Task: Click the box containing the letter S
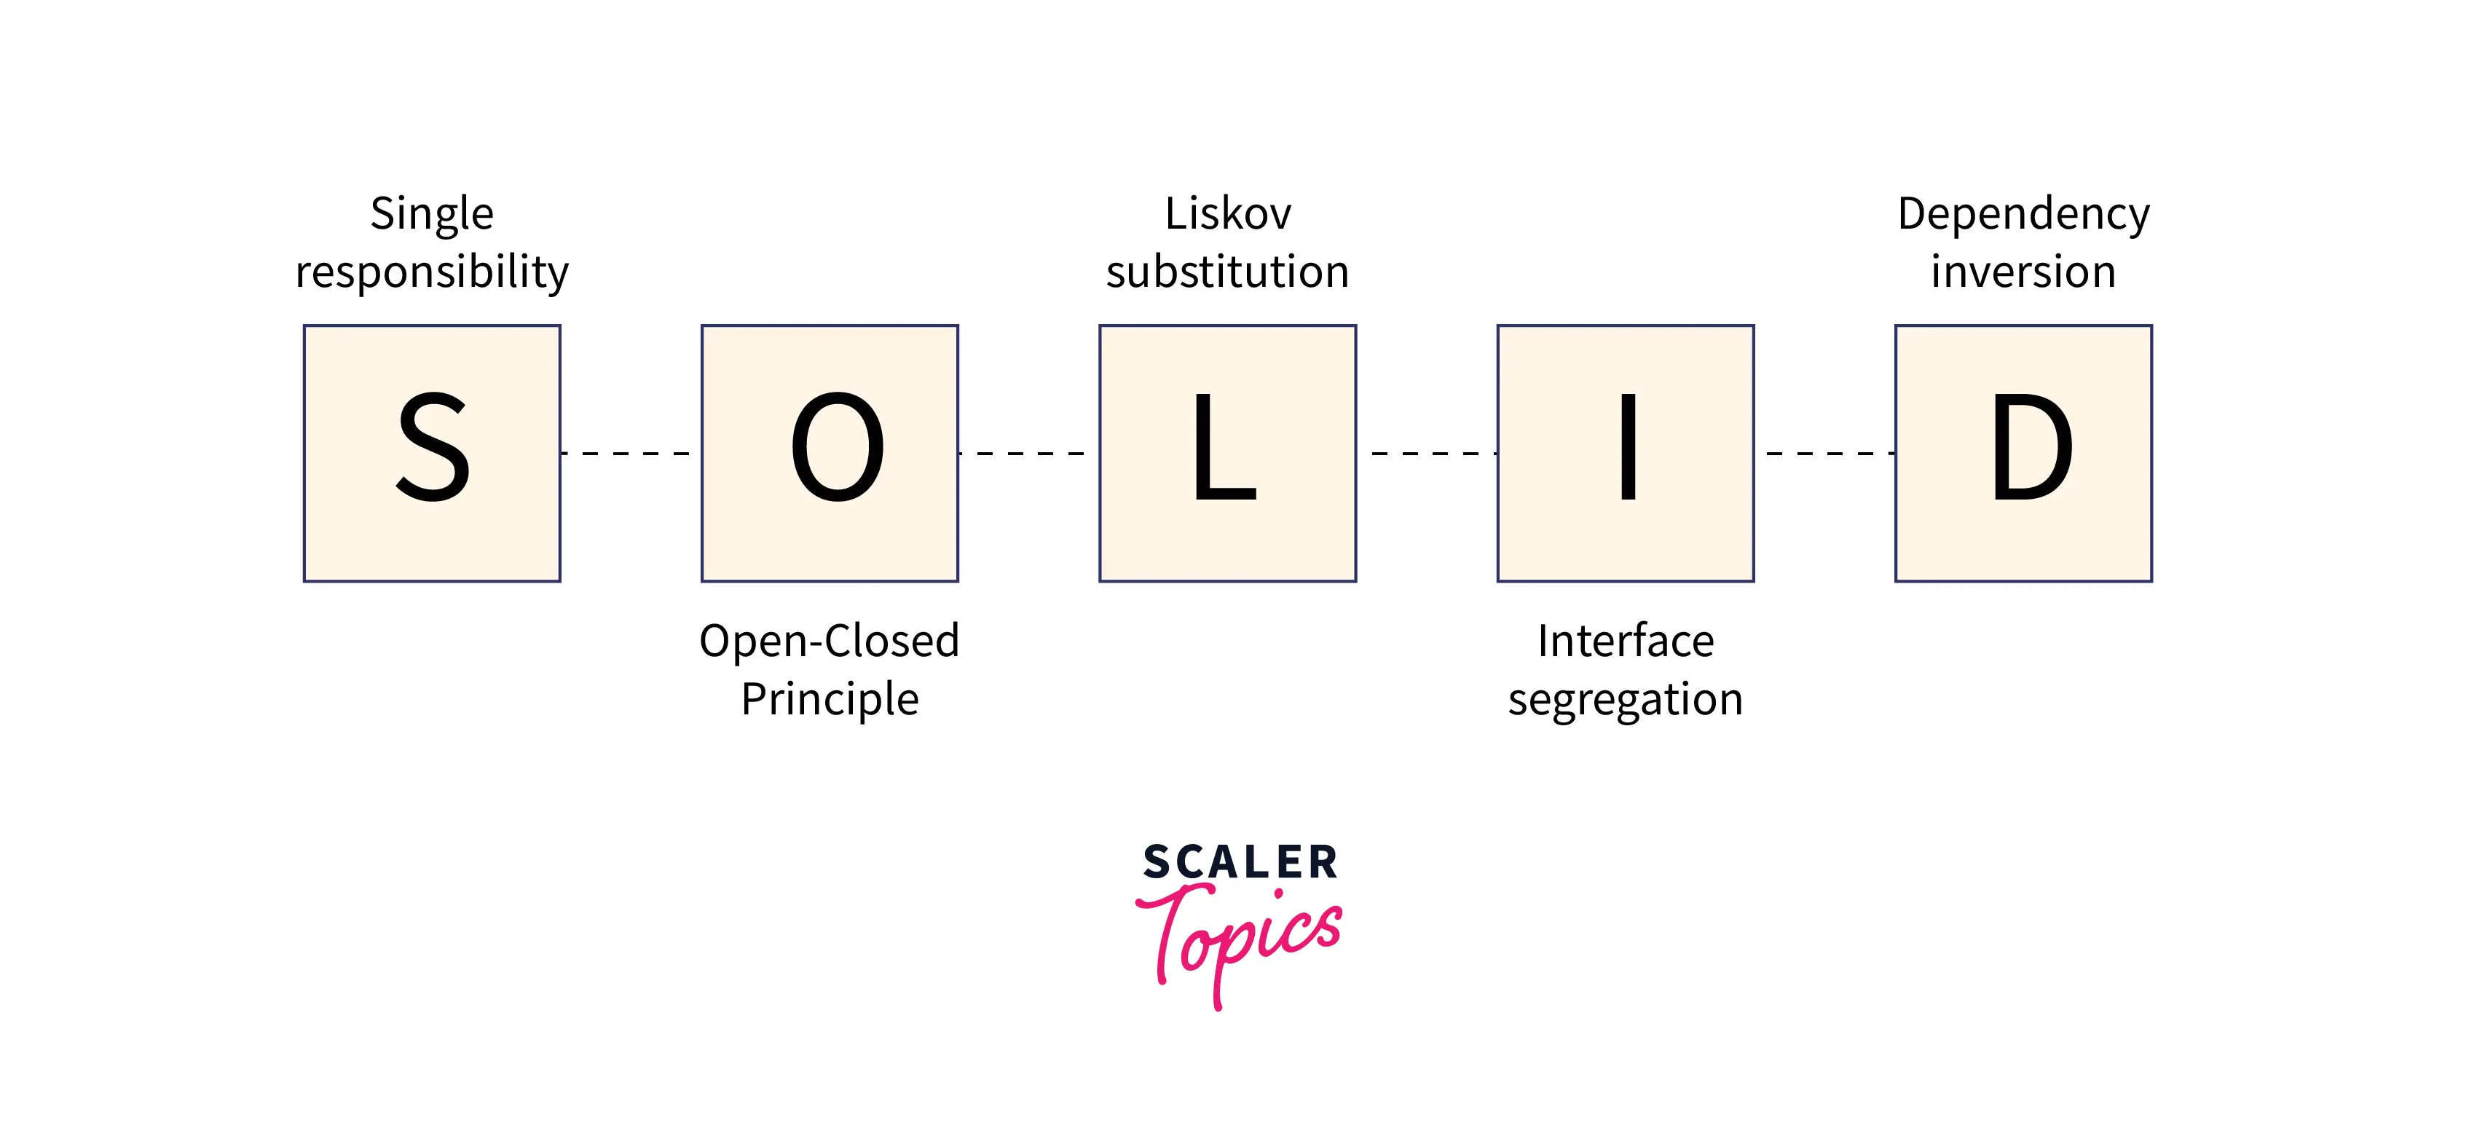432,453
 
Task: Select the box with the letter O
830,453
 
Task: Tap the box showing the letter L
1228,453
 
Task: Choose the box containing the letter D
2023,453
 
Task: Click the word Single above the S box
432,214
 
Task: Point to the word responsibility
432,273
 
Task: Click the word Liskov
1228,213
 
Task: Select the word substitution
1228,272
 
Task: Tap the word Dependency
2023,214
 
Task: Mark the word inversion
2023,272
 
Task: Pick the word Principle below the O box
830,700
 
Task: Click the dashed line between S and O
630,453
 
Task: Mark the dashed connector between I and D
1825,453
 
